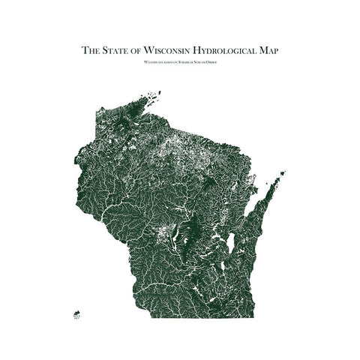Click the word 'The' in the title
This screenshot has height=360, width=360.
click(90, 51)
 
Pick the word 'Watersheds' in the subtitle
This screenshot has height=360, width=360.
click(152, 62)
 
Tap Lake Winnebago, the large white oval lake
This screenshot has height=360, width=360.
click(231, 242)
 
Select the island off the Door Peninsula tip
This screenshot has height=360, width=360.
click(282, 174)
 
